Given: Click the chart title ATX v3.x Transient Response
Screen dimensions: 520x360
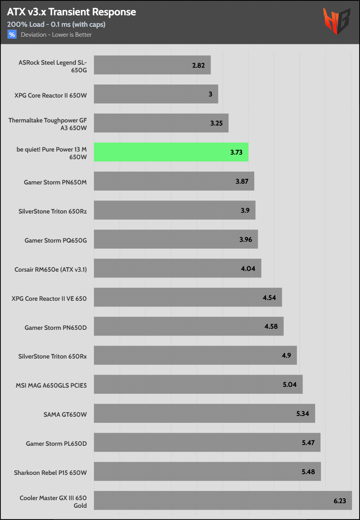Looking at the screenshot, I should point(72,12).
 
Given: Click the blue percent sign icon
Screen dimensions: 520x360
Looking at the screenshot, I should point(12,34).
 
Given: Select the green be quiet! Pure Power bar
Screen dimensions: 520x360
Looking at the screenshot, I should point(171,152).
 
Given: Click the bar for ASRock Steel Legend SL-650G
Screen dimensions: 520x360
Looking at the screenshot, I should point(152,65).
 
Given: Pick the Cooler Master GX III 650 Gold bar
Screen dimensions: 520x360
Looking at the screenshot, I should point(223,500).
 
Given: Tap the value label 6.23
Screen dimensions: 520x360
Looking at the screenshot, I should point(340,501).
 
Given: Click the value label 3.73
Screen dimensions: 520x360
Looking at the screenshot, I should point(236,152).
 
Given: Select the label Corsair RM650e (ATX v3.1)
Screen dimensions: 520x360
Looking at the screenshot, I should point(51,269).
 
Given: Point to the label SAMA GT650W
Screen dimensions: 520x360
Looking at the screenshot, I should point(65,414).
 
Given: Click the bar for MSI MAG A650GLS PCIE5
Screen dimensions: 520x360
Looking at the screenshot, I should point(198,384).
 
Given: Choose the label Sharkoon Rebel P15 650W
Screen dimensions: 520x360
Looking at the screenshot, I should point(50,473).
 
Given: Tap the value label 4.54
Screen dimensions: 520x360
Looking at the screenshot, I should point(269,298).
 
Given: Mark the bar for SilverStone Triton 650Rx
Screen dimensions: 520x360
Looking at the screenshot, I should point(195,355).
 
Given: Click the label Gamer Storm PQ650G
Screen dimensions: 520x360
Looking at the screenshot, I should point(56,240).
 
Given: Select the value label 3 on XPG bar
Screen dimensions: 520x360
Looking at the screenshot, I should point(210,94).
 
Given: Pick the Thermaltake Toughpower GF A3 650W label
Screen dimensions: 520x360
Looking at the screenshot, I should point(48,124).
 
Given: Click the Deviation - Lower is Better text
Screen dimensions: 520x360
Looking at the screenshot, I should point(56,34).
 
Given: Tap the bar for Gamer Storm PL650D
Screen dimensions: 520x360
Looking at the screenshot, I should point(207,442).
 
